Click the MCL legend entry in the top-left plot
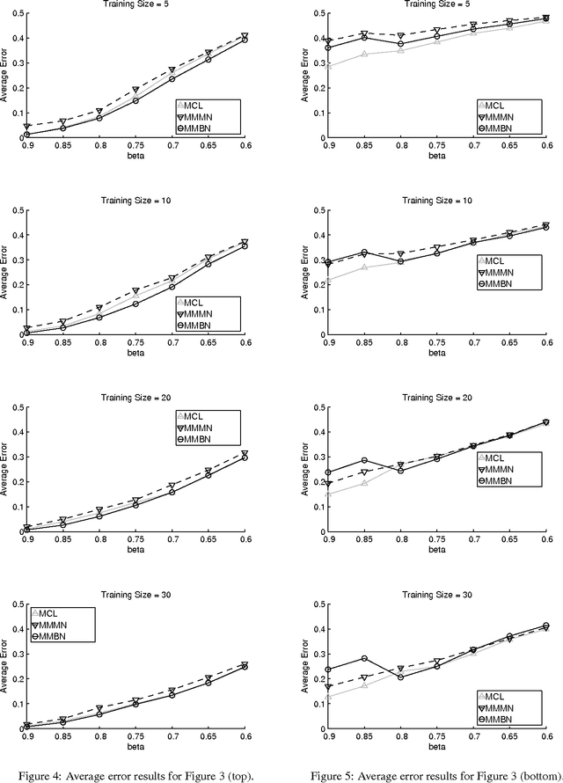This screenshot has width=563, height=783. click(199, 106)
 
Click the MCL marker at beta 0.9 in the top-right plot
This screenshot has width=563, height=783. click(327, 66)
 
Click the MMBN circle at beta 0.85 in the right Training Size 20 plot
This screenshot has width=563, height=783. click(364, 460)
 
